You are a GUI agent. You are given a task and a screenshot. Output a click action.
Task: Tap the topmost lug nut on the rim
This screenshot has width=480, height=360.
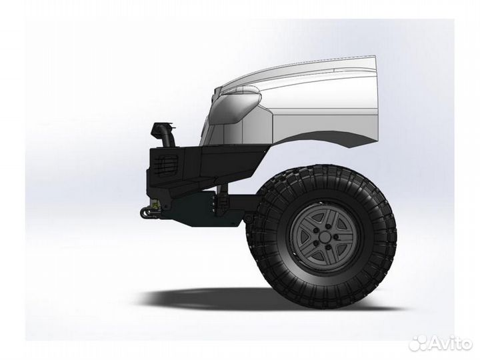pos(328,227)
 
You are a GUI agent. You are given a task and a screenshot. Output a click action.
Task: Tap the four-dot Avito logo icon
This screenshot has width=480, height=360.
pos(419,343)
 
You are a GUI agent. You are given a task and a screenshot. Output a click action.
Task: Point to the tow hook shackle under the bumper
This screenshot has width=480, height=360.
pos(149,211)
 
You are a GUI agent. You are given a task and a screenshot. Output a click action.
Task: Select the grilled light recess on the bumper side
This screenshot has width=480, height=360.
pos(166,165)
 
